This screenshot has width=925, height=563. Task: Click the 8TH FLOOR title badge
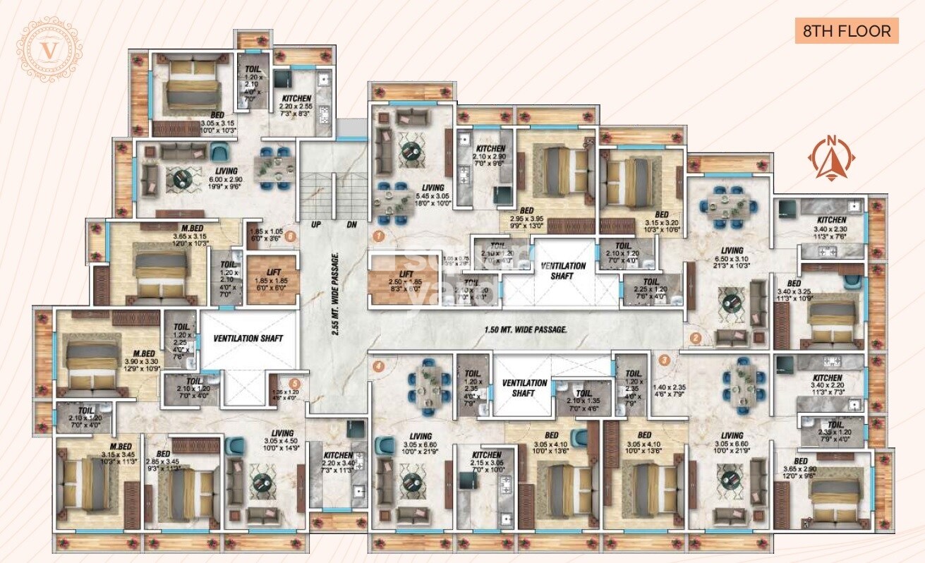click(x=846, y=32)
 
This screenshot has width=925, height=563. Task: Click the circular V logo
click(x=49, y=51)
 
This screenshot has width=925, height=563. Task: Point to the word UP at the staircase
click(x=317, y=225)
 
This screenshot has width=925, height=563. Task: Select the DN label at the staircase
click(x=351, y=225)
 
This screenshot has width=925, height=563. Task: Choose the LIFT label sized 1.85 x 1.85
click(x=265, y=271)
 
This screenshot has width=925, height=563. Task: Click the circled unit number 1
click(x=379, y=236)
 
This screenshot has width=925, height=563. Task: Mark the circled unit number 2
click(x=695, y=338)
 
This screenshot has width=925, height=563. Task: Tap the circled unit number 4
click(x=378, y=366)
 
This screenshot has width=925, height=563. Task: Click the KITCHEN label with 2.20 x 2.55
click(x=292, y=99)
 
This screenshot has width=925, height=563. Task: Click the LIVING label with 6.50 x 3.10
click(x=732, y=250)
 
